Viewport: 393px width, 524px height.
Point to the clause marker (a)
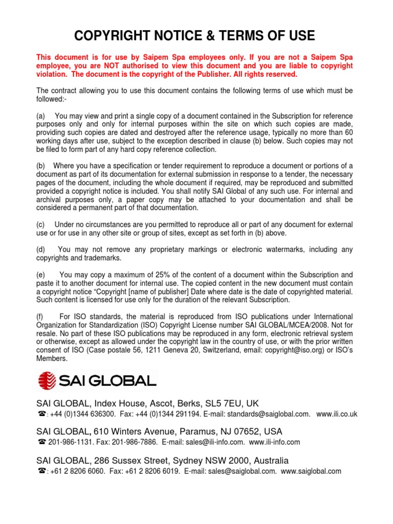(41, 117)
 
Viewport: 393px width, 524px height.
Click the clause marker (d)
(41, 249)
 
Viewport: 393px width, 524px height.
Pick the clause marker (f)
(41, 317)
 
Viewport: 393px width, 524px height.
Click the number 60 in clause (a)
(348, 133)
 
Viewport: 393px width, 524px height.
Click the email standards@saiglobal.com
(269, 414)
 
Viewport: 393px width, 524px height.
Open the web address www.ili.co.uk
(337, 414)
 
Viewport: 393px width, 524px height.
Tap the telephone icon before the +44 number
(41, 414)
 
